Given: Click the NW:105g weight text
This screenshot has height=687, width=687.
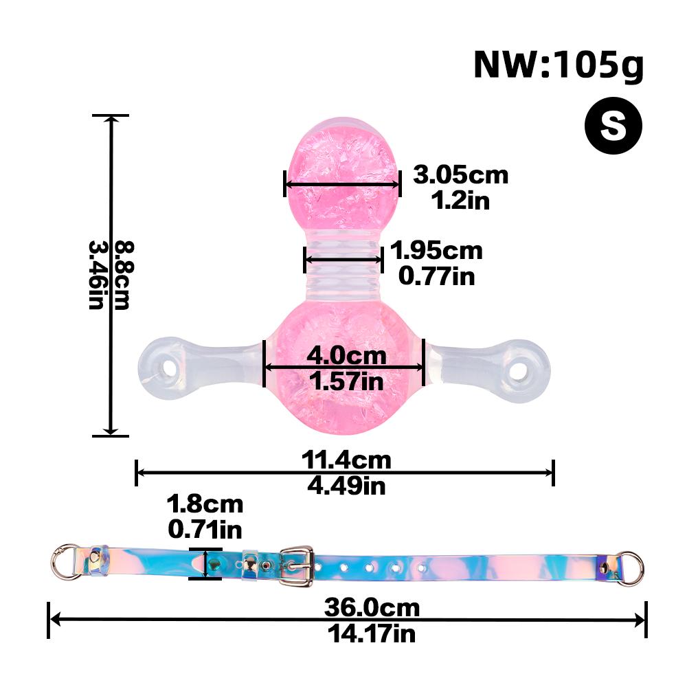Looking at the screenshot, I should click(558, 67).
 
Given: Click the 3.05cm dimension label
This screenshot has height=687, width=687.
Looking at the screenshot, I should click(460, 175).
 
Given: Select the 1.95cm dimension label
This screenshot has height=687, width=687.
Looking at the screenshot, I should click(436, 251).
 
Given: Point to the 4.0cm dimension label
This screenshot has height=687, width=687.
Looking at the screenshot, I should click(346, 357).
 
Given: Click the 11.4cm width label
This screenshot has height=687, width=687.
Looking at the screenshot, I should click(346, 460).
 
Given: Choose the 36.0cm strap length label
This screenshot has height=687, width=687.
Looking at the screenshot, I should click(372, 608).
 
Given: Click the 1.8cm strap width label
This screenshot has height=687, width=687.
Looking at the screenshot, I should click(205, 504).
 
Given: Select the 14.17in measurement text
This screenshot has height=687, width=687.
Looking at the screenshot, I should click(372, 633).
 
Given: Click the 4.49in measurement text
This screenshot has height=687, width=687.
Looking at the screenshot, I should click(346, 486).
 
